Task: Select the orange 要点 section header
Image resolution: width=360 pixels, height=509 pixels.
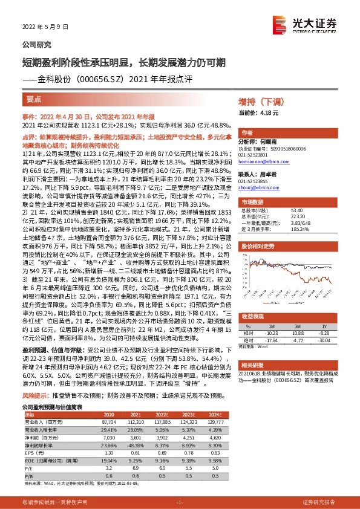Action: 34,99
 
